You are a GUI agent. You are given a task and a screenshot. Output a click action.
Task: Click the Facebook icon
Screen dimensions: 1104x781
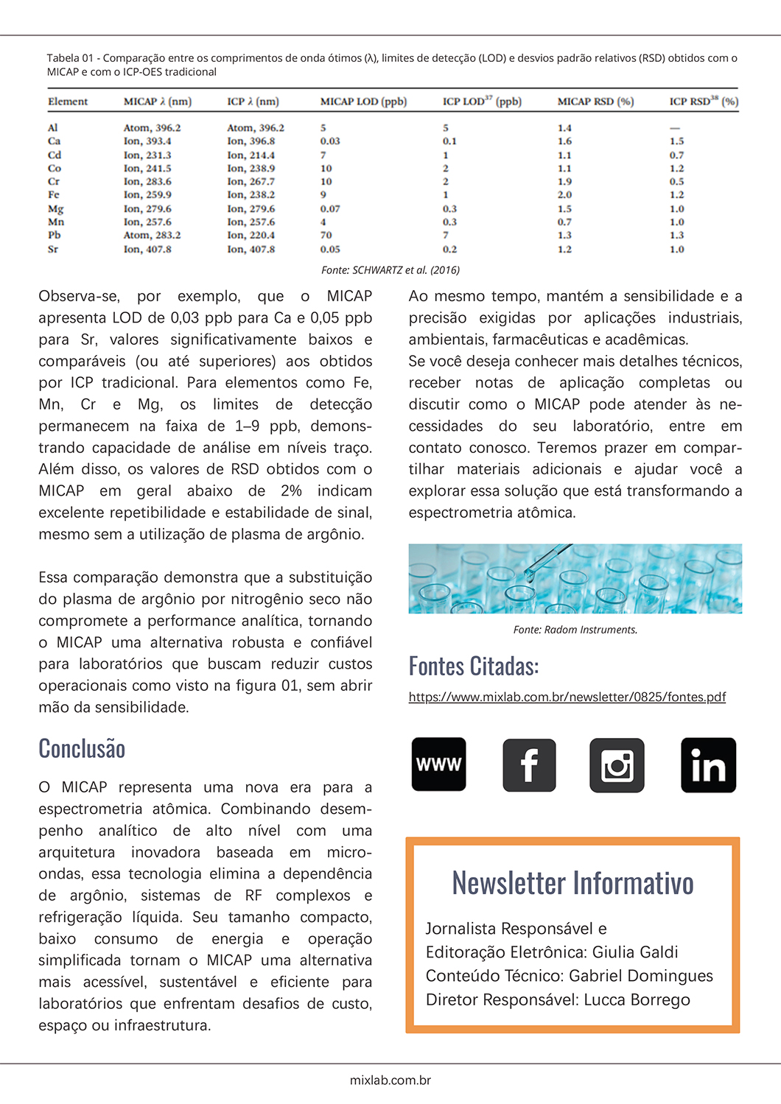pos(529,765)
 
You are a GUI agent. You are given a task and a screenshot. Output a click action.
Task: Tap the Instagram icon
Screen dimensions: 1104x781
pos(617,765)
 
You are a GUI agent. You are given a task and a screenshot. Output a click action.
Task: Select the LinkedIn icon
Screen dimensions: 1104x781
pos(708,765)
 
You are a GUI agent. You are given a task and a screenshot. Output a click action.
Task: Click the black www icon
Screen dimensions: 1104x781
pos(439,764)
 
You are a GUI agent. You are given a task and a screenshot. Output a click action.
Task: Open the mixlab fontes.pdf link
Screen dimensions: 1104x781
pos(567,697)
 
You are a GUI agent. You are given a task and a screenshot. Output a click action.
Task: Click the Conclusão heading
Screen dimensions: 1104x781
pos(82,748)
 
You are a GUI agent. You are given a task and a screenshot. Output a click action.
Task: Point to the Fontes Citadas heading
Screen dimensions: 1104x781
pos(474,666)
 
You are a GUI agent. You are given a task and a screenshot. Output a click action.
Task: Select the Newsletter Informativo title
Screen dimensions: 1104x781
pos(572,882)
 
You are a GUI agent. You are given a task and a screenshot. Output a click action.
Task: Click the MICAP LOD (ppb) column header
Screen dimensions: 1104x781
pos(363,102)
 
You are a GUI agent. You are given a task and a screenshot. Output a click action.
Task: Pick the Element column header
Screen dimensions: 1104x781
pos(68,102)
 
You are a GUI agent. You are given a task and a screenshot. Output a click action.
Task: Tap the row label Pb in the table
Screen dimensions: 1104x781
pos(55,236)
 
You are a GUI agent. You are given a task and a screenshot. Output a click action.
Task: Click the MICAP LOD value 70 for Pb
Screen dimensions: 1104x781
pos(326,236)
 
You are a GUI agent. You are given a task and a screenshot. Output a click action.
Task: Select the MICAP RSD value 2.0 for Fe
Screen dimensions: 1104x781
pos(564,195)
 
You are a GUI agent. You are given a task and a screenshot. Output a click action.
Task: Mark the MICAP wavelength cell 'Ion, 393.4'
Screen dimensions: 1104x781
pos(147,141)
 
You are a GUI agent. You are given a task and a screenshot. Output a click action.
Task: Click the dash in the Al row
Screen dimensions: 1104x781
pos(675,128)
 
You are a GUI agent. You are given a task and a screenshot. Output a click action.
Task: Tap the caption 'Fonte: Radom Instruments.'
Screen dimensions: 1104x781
pos(575,630)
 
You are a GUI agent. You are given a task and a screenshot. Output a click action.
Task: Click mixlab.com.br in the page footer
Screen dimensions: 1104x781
pos(390,1080)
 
